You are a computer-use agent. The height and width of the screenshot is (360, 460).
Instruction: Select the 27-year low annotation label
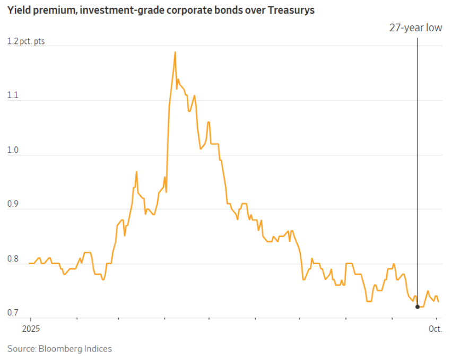[415, 28]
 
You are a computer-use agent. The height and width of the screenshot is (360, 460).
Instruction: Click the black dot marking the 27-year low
[418, 306]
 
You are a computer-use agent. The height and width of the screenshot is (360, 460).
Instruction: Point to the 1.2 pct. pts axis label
[26, 41]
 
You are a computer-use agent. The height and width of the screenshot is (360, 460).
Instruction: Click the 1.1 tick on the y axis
[12, 95]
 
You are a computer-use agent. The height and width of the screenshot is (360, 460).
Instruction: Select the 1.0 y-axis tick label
[13, 150]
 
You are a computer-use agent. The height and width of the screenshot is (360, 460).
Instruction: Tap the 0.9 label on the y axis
[13, 205]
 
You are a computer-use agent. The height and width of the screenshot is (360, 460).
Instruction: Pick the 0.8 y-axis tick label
[13, 259]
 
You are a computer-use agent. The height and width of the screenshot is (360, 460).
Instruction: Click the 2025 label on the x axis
[30, 328]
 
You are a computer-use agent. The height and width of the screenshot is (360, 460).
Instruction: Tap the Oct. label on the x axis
[435, 328]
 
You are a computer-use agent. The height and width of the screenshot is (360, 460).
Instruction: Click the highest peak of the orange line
[175, 52]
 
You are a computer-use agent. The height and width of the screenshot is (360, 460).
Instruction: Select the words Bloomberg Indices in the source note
[75, 348]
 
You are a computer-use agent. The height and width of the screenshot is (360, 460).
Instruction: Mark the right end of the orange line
[438, 301]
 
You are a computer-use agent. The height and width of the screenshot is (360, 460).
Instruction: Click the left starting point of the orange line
[30, 264]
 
